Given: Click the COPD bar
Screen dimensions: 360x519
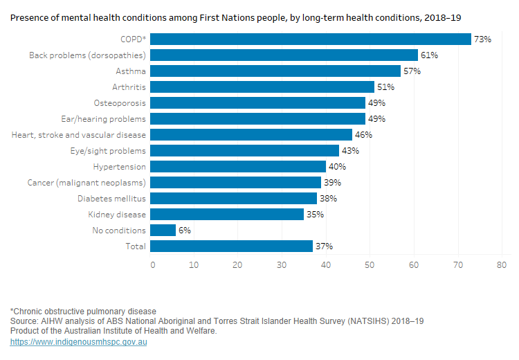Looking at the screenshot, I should (311, 39).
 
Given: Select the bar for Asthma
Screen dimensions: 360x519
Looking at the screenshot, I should (275, 71).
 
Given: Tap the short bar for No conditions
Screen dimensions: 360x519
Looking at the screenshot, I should (163, 231).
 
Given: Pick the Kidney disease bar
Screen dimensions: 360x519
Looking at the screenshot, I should (227, 215).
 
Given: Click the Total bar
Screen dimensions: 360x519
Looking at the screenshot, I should (232, 246).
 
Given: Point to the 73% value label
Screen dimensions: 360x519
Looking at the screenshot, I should (482, 39).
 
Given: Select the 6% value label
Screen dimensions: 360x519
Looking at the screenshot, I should (184, 231).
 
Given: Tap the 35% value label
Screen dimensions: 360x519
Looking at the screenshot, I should (315, 215).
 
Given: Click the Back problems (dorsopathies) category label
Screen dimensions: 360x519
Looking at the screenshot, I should (87, 55).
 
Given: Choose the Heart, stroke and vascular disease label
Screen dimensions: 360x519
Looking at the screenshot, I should (79, 135).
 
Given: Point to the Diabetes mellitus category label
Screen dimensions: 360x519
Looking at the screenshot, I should (111, 199).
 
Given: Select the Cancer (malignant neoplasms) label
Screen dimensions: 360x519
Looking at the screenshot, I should (86, 183).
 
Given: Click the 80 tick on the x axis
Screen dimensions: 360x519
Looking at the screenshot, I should (502, 265).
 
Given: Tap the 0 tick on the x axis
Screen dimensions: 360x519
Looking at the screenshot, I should (152, 265).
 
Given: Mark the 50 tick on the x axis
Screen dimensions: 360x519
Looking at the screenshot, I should (370, 265).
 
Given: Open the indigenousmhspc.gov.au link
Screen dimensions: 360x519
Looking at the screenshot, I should (78, 342).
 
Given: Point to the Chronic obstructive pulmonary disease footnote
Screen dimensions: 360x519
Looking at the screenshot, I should (83, 312).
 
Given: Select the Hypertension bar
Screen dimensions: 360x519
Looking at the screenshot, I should (238, 167).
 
